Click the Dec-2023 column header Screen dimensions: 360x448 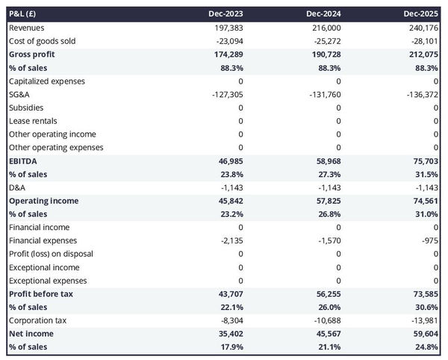(226, 14)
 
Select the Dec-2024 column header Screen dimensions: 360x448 (324, 14)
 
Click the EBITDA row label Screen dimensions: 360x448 (23, 161)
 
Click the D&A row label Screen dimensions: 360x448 (17, 187)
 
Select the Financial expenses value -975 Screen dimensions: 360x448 (429, 240)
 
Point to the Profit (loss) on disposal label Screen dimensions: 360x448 (51, 254)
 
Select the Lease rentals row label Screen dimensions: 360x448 (33, 121)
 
